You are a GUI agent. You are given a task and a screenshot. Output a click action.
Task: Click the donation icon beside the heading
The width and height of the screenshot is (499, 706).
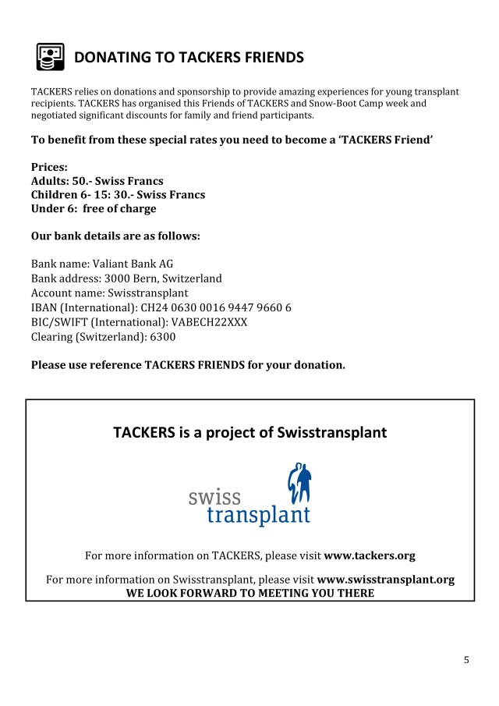(50, 57)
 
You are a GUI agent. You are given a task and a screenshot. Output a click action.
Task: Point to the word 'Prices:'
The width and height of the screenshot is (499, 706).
(49, 167)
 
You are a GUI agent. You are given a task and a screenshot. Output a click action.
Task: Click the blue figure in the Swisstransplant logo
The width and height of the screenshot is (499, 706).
(299, 484)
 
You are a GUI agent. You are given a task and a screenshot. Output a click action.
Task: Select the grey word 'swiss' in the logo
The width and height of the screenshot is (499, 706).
(214, 496)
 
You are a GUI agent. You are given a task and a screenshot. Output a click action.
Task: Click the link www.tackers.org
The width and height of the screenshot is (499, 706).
(369, 556)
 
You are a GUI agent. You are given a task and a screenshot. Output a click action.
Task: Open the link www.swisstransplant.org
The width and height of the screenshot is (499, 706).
(385, 580)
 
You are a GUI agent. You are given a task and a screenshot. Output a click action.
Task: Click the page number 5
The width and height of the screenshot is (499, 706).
(466, 660)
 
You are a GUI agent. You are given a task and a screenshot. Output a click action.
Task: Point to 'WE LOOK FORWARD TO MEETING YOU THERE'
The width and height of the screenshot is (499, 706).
(249, 593)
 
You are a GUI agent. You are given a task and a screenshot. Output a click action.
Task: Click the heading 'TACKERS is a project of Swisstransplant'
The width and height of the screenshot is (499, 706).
(249, 432)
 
